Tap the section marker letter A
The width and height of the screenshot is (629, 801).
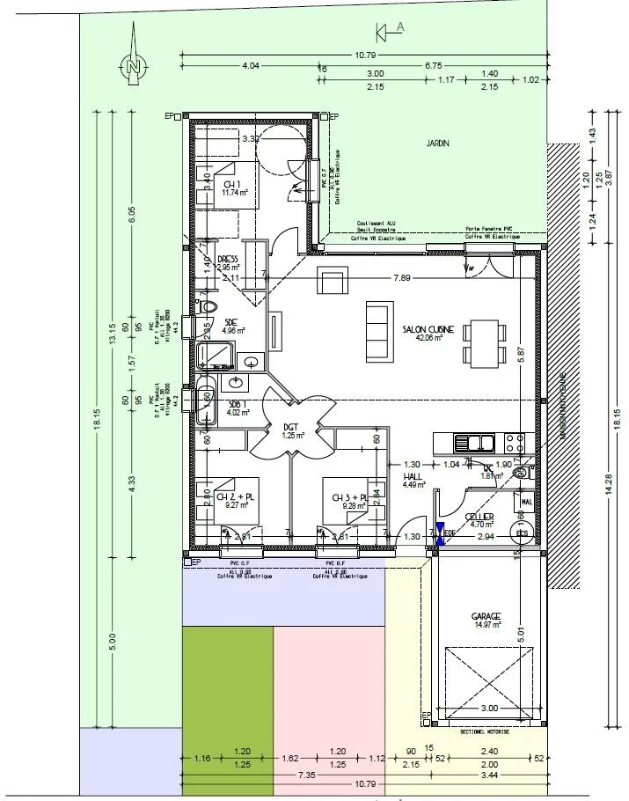(x=400, y=27)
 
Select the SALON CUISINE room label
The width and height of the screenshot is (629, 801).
(x=428, y=329)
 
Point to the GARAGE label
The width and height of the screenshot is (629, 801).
(x=486, y=615)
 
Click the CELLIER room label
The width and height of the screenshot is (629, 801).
(x=480, y=517)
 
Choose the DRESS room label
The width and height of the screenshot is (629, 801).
(x=229, y=260)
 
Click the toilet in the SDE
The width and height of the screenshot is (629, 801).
(x=208, y=307)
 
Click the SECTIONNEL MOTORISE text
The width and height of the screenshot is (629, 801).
(x=486, y=731)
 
